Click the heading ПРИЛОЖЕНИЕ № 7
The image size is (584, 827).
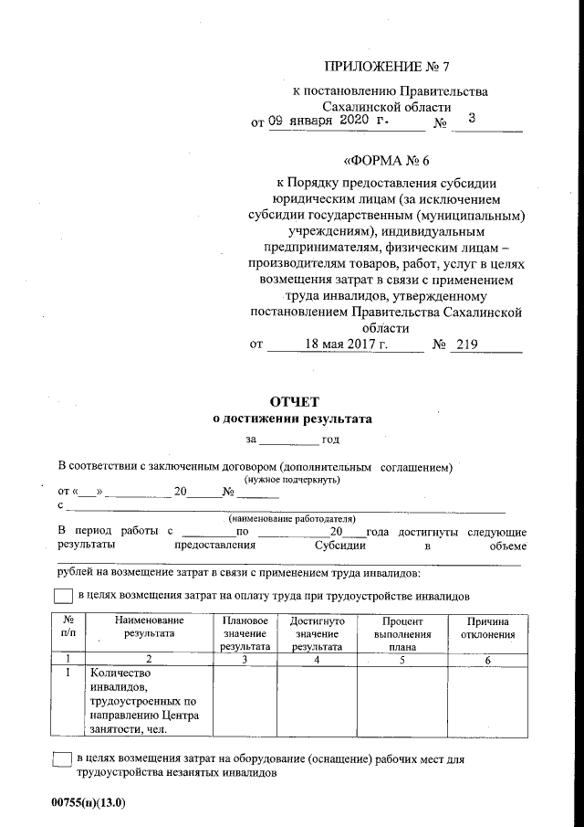tap(388, 67)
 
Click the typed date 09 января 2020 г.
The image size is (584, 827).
tap(328, 121)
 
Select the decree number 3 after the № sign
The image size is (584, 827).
tap(471, 119)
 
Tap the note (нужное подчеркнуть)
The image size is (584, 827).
tap(292, 479)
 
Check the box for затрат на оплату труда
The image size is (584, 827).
tap(63, 596)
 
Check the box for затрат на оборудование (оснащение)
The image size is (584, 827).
tap(63, 759)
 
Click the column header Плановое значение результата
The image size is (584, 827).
tap(244, 633)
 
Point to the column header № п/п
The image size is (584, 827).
tap(68, 627)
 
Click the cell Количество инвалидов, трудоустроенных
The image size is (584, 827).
tap(144, 701)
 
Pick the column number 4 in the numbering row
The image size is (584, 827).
tap(317, 659)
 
